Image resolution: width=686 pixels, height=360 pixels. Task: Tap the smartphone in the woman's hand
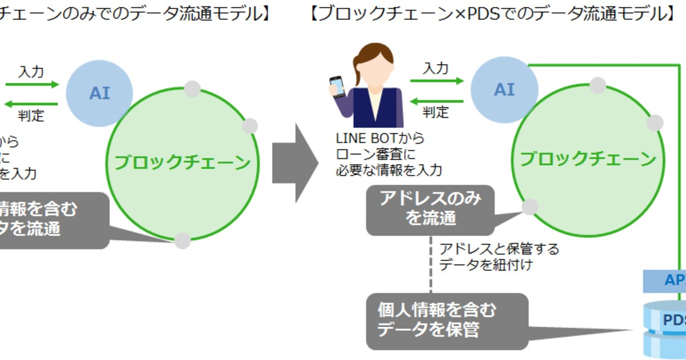[x=337, y=87]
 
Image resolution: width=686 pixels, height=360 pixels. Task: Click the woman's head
[x=372, y=62]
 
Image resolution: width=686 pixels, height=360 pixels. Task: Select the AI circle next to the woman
[x=504, y=90]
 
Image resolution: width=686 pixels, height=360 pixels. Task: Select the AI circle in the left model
[x=99, y=93]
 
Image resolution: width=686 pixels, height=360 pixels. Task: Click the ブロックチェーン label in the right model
[x=587, y=159]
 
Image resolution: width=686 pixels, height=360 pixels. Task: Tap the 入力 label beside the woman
[x=435, y=69]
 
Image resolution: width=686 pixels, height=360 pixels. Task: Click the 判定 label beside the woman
[x=435, y=111]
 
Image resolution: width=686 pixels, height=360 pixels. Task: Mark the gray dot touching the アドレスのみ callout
[x=530, y=206]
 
